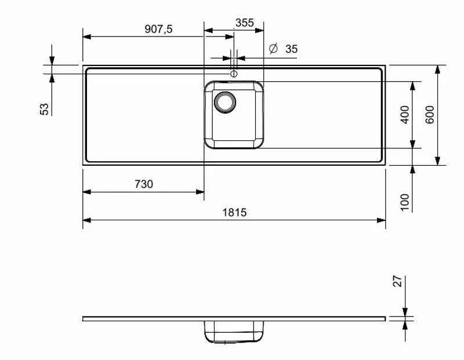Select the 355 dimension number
click(x=244, y=23)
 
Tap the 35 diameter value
click(x=291, y=49)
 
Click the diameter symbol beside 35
click(x=274, y=49)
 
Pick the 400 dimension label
click(x=405, y=115)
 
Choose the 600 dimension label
click(x=430, y=115)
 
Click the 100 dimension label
click(x=405, y=201)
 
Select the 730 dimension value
click(x=143, y=184)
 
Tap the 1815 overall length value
click(x=234, y=212)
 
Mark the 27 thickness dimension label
click(x=398, y=282)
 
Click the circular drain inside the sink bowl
click(x=224, y=102)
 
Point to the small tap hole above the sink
click(x=233, y=74)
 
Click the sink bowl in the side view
click(x=234, y=332)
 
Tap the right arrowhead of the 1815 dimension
click(x=382, y=220)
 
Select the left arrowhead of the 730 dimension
click(x=87, y=192)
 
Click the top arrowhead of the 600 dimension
click(x=438, y=70)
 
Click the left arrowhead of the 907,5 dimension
click(x=87, y=37)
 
